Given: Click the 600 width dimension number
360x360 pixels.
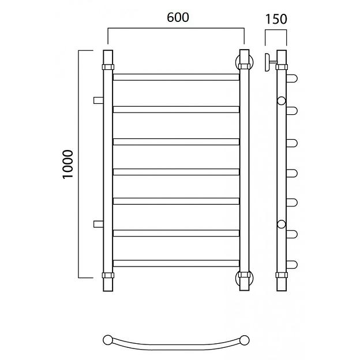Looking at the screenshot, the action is [178, 17].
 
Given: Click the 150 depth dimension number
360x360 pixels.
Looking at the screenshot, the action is [276, 19].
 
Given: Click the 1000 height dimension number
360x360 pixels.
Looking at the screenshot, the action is [68, 164].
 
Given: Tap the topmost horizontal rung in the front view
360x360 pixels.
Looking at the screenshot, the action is [176, 77].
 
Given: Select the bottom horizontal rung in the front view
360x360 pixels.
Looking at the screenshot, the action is [176, 263].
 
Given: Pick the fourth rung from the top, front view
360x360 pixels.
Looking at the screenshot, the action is [176, 172].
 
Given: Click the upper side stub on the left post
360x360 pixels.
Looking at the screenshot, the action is [98, 100].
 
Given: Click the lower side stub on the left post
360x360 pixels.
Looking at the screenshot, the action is [98, 224].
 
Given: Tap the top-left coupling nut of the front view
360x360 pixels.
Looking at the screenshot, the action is [108, 67].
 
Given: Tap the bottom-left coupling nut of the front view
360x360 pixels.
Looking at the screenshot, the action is [108, 275].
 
